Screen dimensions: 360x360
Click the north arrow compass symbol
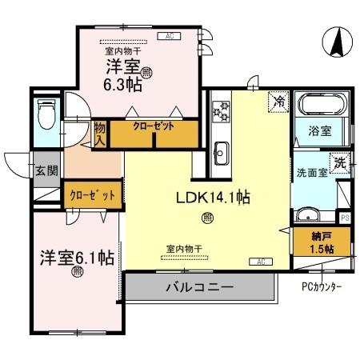[337, 41]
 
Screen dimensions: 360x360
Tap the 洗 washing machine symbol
[341, 162]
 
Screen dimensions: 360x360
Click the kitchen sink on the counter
[222, 150]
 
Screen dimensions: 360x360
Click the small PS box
[345, 217]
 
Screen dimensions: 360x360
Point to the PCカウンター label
[323, 286]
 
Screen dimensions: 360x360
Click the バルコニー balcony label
[199, 286]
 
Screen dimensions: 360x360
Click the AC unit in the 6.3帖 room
[169, 36]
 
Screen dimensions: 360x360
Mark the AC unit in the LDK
[261, 262]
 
